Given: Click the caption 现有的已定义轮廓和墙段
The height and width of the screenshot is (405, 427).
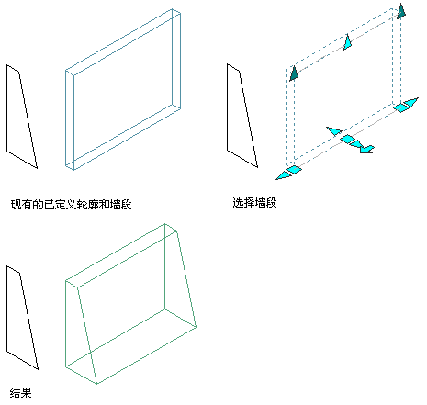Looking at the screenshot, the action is [x=71, y=204].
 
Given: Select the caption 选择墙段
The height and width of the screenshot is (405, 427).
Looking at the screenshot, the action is [x=254, y=202].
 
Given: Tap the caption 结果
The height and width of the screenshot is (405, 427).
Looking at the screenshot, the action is [x=21, y=392].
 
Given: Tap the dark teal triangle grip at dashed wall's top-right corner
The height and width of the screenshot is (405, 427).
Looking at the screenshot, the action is [x=401, y=12].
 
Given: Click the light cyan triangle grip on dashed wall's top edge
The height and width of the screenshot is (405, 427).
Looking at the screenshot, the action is [x=348, y=43].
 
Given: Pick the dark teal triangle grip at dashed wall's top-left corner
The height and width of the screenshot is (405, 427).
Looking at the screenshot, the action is [x=294, y=74].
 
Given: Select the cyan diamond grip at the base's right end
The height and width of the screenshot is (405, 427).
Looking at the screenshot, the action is [x=400, y=107].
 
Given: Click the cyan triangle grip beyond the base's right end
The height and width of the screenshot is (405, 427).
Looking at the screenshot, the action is [x=411, y=102].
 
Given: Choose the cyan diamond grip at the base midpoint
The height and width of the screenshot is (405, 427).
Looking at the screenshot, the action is [x=347, y=139].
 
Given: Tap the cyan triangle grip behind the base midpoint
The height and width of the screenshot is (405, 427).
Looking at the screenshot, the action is [x=334, y=130].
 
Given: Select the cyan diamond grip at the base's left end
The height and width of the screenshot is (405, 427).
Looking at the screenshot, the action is [x=294, y=170].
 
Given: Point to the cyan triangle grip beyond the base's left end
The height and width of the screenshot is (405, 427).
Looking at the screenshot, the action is [x=283, y=175].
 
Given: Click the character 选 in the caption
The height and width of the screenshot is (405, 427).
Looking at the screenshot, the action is [x=238, y=202].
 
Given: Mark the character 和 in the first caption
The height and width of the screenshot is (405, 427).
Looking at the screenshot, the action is [x=104, y=204].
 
